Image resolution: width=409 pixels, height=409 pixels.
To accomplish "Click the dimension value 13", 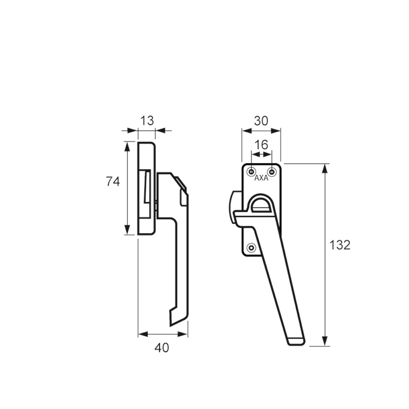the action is tap(147, 121).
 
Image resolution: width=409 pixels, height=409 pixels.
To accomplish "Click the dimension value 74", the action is tap(113, 181).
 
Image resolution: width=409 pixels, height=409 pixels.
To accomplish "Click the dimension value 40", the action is tap(162, 348).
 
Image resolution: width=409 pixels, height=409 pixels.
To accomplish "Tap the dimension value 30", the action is tap(261, 121).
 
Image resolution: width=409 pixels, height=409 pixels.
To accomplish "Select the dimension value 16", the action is tap(261, 144).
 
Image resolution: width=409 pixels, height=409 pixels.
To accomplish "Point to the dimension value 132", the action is tap(340, 245).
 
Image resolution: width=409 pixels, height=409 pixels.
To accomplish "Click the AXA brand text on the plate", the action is tap(261, 178).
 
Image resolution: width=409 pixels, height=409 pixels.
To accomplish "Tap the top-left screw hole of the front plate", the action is tap(251, 172).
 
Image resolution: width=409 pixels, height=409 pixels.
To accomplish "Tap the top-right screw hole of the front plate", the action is tap(272, 172).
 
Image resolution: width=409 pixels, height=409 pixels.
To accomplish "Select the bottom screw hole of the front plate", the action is tap(251, 247).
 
